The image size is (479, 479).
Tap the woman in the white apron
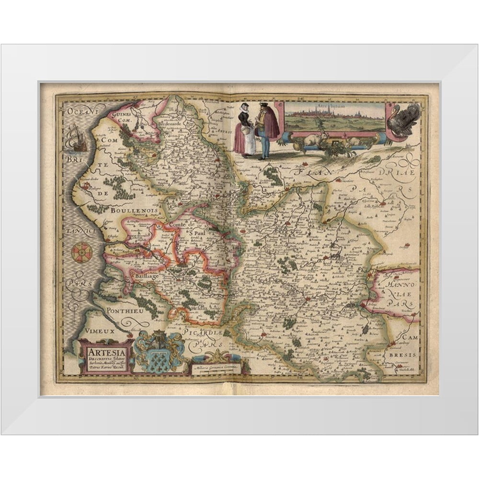tap(242, 132)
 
